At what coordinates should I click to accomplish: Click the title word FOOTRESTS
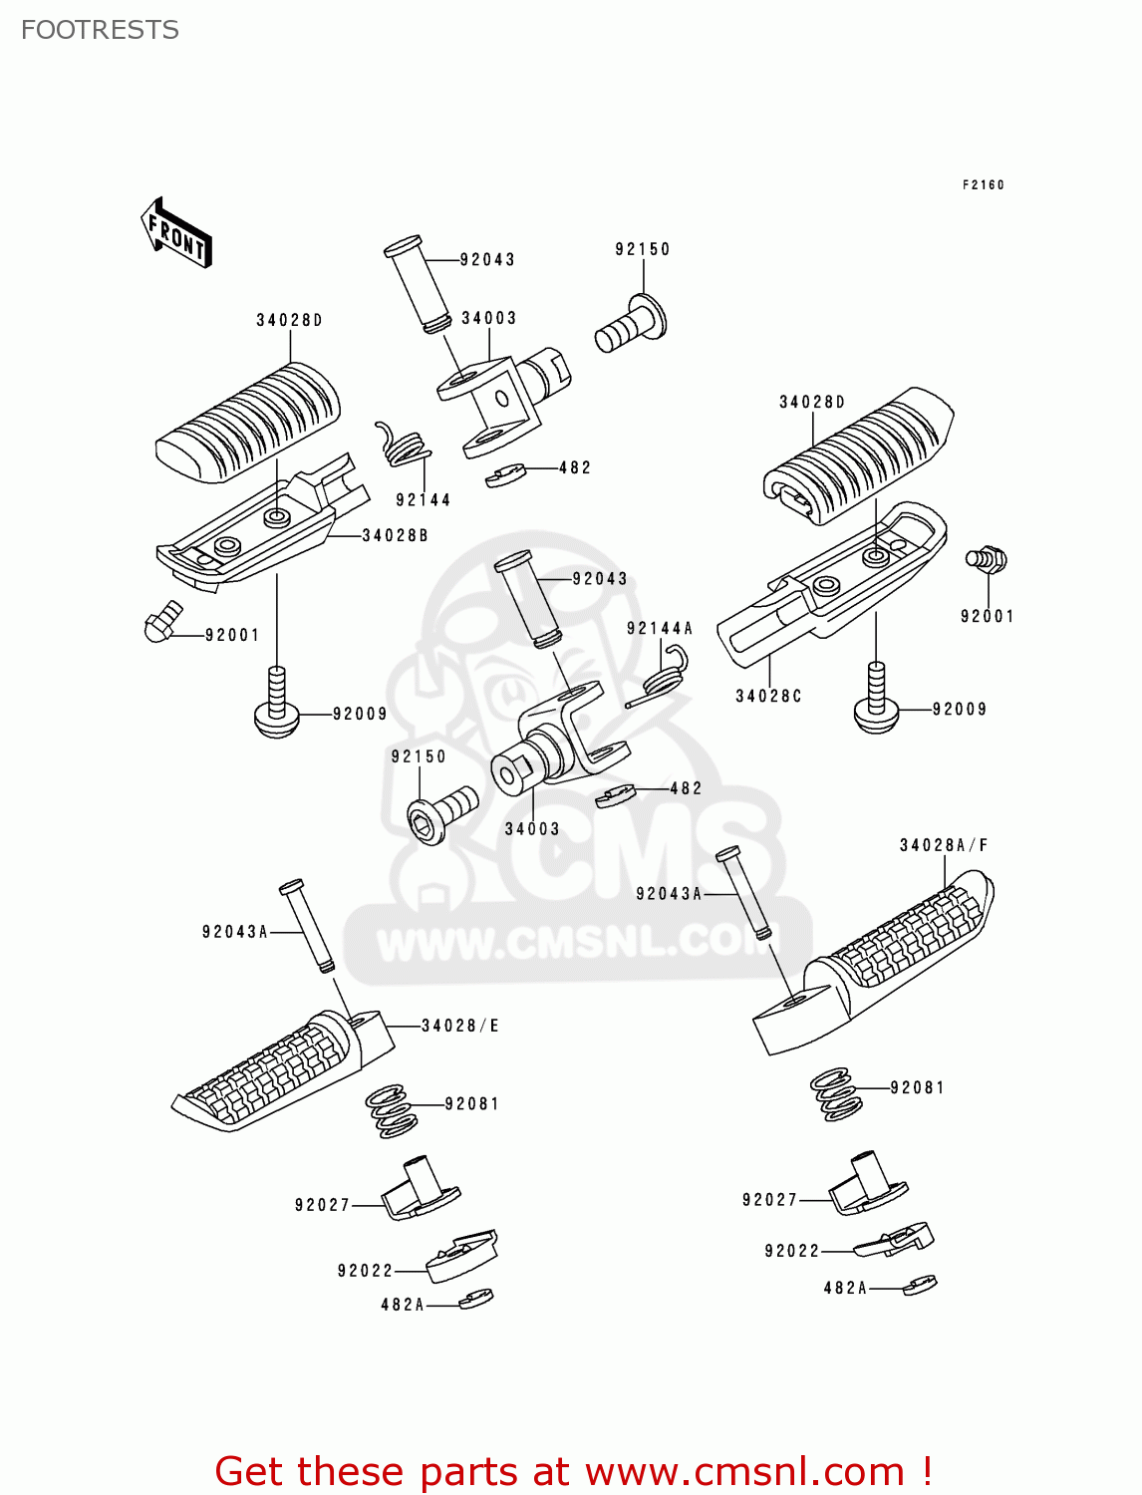(100, 30)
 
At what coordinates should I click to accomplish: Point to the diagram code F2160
(983, 184)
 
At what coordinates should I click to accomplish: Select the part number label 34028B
(395, 535)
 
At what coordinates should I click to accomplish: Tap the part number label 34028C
(768, 696)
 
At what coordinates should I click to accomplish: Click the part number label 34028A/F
(943, 845)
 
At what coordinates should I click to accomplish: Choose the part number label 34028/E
(460, 1026)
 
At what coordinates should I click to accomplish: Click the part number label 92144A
(659, 628)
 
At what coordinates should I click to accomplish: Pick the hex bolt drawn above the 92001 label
(987, 559)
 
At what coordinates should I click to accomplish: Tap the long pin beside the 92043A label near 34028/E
(306, 926)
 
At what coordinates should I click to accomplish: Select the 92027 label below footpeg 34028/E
(322, 1205)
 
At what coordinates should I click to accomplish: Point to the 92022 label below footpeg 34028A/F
(791, 1251)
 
